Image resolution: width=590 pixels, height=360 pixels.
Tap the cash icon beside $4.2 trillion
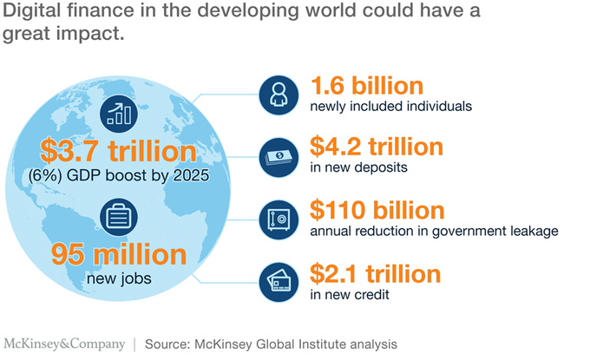tap(281, 155)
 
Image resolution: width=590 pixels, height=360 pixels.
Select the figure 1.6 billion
tap(366, 86)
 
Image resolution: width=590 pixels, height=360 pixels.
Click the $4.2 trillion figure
tap(377, 147)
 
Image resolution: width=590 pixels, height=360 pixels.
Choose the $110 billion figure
tap(377, 211)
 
